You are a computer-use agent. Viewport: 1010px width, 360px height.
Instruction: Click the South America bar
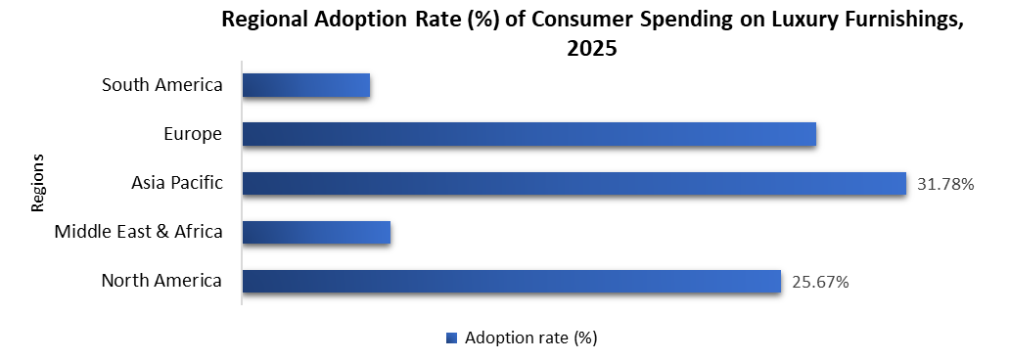[x=305, y=86]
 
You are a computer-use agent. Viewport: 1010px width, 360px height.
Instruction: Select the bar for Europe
[x=528, y=134]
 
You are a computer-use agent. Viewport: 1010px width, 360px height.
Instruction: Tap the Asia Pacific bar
[x=574, y=183]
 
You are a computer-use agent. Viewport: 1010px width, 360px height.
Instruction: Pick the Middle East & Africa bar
[x=316, y=232]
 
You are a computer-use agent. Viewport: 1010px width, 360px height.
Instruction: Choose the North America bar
[x=511, y=282]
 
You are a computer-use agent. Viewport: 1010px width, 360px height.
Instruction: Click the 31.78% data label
[x=944, y=184]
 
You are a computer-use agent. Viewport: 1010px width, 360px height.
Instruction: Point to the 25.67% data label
[x=819, y=282]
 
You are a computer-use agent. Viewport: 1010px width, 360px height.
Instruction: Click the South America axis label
[x=162, y=85]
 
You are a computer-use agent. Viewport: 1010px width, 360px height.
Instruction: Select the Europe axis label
[x=193, y=134]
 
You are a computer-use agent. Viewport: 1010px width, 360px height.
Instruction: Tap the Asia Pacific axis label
[x=177, y=183]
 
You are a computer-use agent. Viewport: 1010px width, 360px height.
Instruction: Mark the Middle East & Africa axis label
[x=138, y=232]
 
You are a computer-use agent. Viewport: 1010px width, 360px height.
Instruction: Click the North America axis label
[x=161, y=282]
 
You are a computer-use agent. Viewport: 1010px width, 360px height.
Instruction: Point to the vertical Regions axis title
[x=38, y=183]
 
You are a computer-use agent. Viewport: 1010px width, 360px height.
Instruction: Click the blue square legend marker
[x=451, y=338]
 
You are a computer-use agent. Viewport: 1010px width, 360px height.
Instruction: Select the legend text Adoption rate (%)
[x=531, y=338]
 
